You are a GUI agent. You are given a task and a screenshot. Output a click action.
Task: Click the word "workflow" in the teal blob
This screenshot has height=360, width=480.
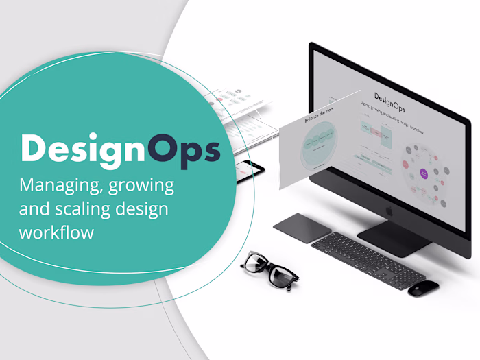(56, 232)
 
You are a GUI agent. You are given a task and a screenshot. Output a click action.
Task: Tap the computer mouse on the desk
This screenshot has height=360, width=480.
(423, 287)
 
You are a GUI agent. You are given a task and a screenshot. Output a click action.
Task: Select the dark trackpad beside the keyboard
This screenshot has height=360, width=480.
(302, 228)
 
